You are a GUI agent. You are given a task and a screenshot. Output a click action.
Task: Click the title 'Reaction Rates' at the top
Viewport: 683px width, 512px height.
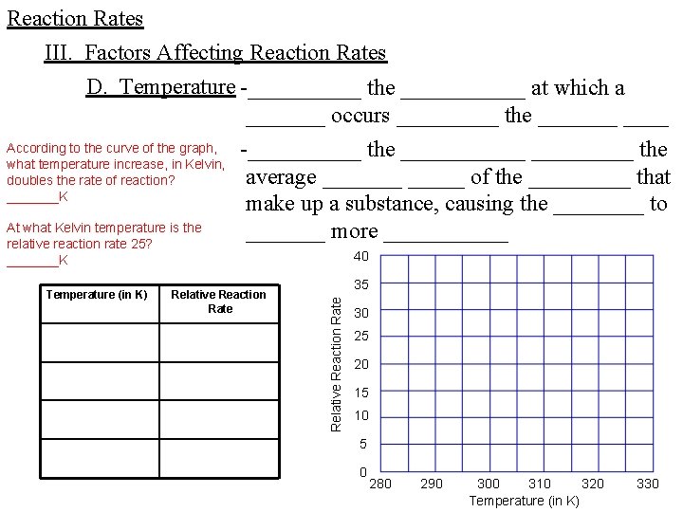coord(75,19)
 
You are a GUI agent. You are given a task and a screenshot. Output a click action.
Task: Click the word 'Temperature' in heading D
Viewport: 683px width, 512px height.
coord(176,87)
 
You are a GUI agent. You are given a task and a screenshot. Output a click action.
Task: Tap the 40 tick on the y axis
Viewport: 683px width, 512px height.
coord(360,257)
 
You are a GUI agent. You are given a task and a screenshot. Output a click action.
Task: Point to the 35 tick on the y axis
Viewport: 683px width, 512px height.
coord(360,284)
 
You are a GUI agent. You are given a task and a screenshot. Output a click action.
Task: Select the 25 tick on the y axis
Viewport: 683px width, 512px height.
coord(360,337)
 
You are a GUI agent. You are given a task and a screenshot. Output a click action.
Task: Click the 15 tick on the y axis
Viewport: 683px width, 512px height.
coord(360,393)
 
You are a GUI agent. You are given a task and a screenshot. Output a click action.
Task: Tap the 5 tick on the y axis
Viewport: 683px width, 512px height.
coord(361,444)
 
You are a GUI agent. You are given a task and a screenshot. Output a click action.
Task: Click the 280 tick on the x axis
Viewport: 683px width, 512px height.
coord(379,484)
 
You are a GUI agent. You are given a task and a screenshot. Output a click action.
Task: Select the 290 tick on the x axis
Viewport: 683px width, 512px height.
coord(431,484)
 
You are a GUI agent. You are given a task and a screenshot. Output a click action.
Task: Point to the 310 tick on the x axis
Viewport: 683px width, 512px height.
coord(539,484)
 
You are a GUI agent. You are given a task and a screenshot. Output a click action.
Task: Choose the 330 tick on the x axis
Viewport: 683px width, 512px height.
coord(647,484)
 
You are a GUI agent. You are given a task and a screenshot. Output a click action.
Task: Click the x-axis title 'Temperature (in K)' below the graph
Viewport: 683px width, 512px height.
coord(524,501)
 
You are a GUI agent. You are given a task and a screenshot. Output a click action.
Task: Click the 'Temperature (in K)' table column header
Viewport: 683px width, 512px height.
coord(97,295)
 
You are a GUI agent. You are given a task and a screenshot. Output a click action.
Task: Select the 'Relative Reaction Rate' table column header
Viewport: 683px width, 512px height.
coord(219,302)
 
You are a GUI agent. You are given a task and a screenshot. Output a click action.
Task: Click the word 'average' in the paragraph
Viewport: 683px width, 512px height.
coord(281,177)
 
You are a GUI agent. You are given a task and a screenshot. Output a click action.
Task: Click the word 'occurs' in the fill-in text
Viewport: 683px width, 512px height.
coord(360,116)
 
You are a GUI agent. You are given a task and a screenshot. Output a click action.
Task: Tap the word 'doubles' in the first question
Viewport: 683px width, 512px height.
coord(29,180)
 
